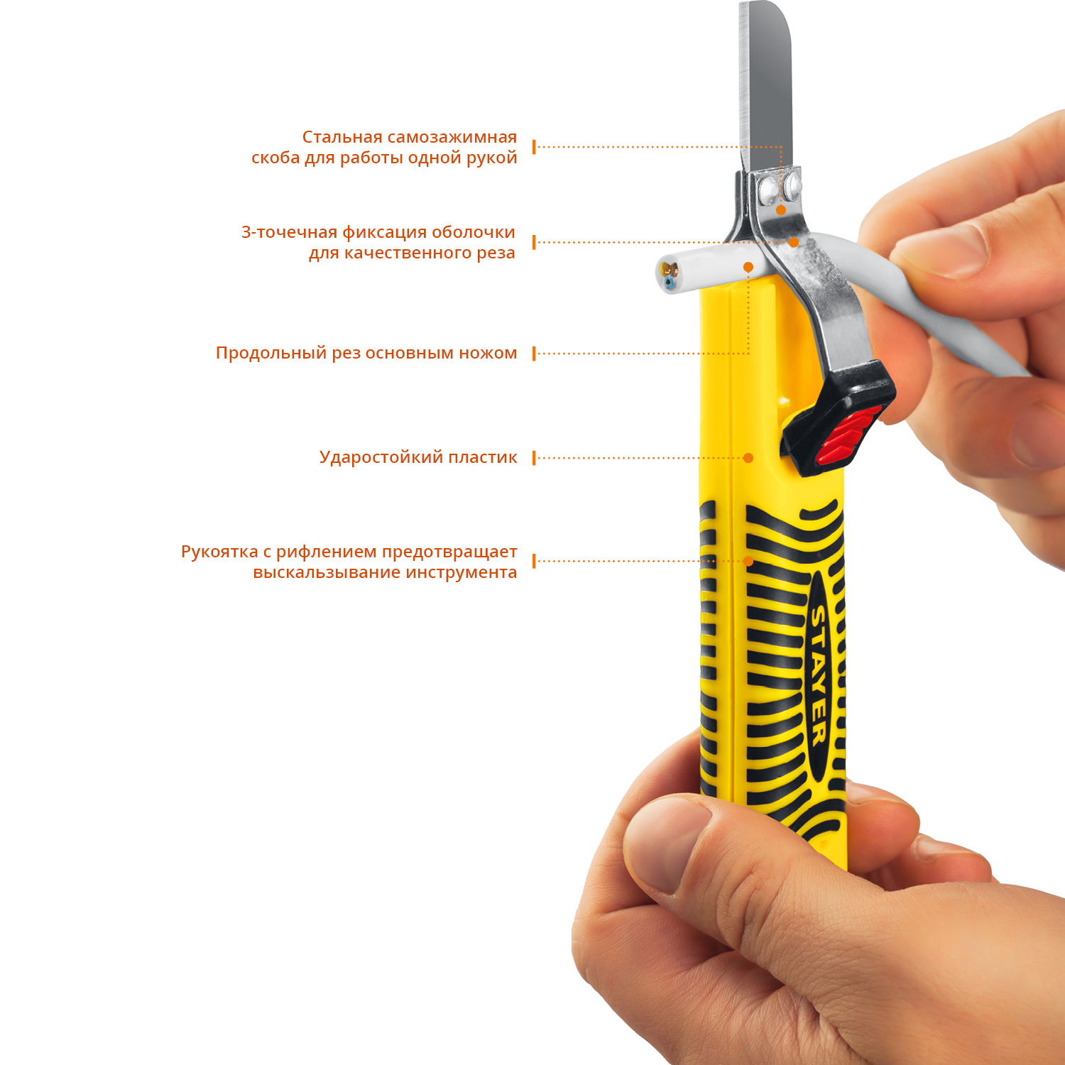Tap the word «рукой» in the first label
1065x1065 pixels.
(x=493, y=158)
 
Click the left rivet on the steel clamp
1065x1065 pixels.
(x=767, y=189)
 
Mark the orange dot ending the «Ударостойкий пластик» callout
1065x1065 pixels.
(x=748, y=458)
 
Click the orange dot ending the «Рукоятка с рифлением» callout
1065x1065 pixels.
(x=748, y=561)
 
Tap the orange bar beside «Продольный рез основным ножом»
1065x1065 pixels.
(x=534, y=354)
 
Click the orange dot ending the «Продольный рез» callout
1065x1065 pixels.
(x=748, y=267)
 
